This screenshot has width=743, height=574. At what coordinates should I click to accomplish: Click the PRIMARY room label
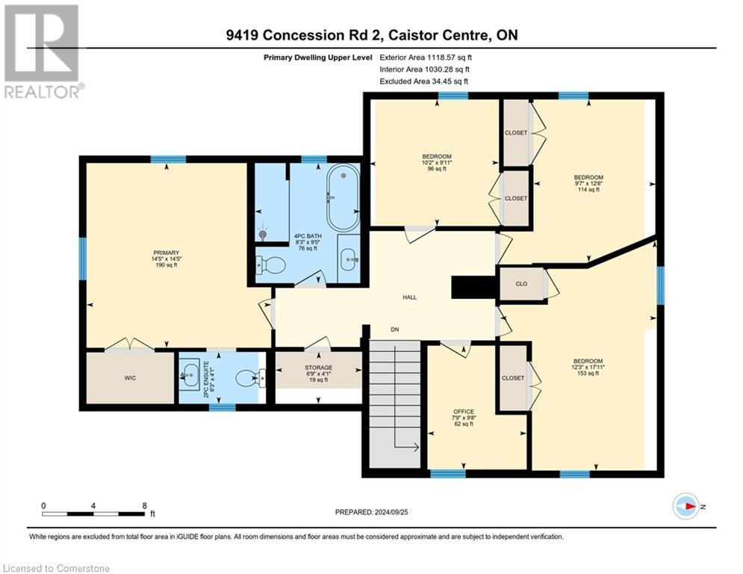166,259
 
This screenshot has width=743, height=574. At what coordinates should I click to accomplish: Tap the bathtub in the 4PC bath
343,197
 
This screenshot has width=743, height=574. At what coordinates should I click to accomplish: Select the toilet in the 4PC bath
270,265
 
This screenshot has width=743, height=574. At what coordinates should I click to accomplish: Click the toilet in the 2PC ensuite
247,378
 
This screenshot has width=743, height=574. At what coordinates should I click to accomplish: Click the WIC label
130,378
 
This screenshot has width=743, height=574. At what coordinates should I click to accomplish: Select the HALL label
409,297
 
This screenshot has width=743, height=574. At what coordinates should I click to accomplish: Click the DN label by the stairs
395,329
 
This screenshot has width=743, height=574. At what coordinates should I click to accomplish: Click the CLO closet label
521,284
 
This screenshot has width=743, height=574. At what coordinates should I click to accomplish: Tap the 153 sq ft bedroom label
588,367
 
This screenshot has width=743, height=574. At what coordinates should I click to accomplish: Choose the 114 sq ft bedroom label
588,183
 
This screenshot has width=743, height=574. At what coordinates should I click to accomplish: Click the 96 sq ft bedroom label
437,162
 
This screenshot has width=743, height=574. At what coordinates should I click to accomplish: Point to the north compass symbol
686,506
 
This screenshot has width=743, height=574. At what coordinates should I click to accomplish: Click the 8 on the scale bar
145,506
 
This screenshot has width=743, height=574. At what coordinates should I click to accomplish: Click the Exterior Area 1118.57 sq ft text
426,58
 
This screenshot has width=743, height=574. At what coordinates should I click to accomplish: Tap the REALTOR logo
43,51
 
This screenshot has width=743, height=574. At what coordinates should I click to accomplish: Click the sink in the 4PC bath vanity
349,259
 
